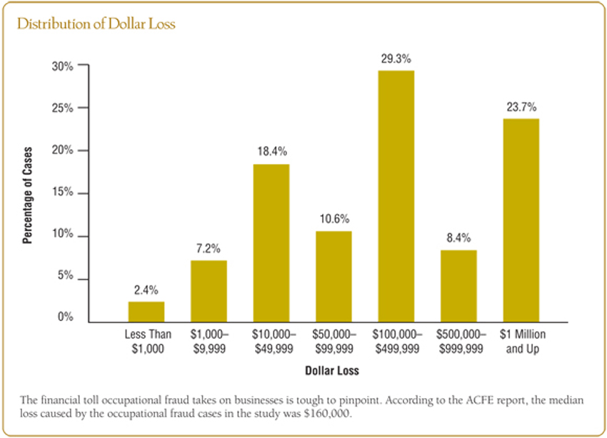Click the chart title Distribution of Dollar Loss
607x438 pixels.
(96, 24)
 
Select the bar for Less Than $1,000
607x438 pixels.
(146, 312)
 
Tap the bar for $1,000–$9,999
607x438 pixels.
(209, 291)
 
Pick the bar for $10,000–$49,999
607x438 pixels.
(271, 243)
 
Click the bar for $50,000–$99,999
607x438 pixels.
(333, 277)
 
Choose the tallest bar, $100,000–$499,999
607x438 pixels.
(396, 196)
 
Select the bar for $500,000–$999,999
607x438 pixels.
(458, 286)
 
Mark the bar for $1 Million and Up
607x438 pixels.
(521, 220)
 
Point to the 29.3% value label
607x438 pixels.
(396, 59)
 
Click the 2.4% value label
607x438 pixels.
(146, 290)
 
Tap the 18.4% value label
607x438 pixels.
(271, 152)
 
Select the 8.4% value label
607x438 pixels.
(458, 238)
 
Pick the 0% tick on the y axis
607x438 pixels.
(64, 317)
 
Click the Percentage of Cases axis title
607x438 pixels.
(28, 195)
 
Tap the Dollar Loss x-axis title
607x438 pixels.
(332, 371)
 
